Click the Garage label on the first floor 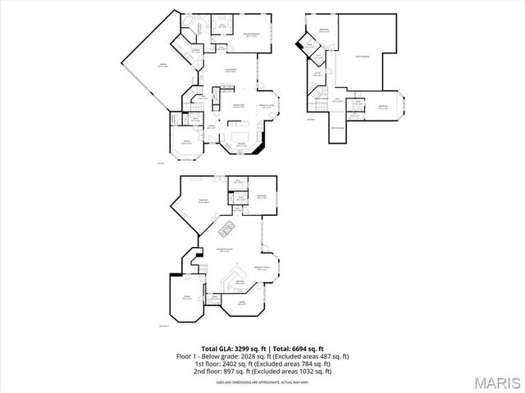pos(148,65)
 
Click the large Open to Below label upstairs pos(359,56)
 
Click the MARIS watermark pos(495,382)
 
